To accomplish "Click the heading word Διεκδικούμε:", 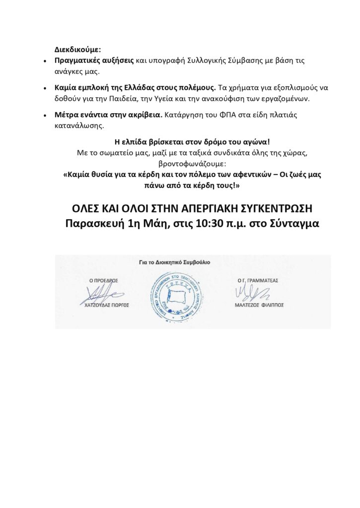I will pyautogui.click(x=77, y=50).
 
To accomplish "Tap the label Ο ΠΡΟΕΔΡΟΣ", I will pyautogui.click(x=103, y=280).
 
